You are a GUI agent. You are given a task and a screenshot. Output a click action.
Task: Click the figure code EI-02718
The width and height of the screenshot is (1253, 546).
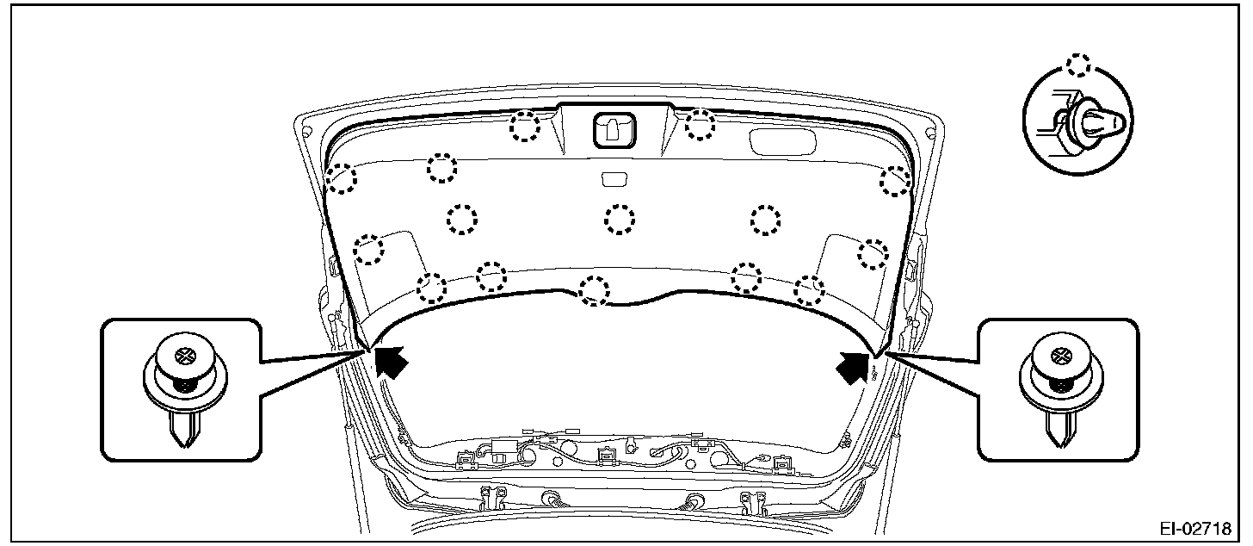tap(1195, 529)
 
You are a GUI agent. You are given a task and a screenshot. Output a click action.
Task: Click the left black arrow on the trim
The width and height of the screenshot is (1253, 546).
tap(391, 361)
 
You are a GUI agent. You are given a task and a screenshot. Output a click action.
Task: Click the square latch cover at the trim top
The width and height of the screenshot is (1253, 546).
tap(614, 131)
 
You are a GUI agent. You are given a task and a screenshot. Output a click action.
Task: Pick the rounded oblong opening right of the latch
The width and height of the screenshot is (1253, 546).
tap(782, 142)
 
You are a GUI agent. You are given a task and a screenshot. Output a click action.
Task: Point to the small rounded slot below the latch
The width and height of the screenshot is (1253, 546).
tap(614, 179)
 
